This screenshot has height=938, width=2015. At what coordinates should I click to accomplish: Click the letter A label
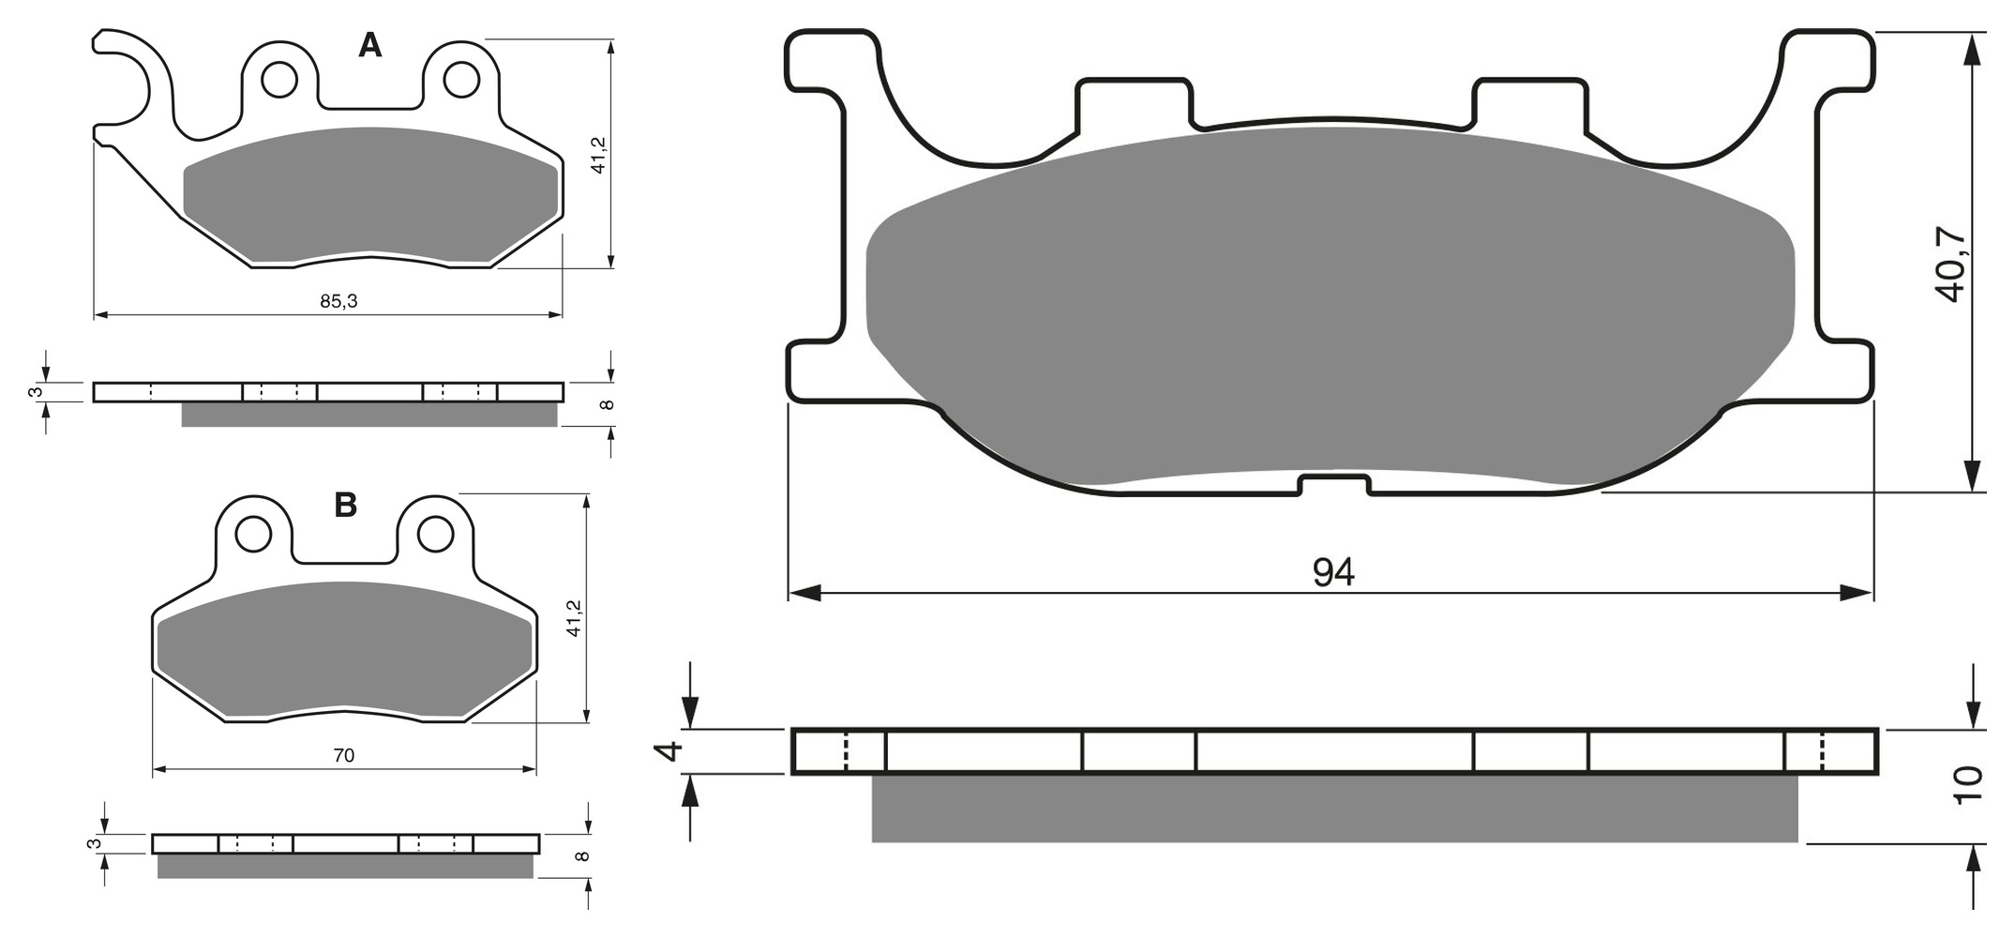pos(370,45)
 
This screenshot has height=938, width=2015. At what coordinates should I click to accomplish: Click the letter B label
pos(346,506)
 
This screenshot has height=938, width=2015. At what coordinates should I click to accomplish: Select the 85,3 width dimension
pos(338,301)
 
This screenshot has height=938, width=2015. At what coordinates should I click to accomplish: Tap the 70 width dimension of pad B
pos(344,755)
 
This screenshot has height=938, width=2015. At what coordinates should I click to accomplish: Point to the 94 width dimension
pos(1333,572)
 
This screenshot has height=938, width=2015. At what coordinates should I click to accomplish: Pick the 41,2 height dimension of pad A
pos(599,155)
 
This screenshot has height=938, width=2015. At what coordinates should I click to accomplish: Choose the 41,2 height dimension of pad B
pos(575,618)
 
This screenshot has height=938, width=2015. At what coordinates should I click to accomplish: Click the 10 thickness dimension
pos(1968,785)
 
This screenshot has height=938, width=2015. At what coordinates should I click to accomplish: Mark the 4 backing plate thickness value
pos(668,750)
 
